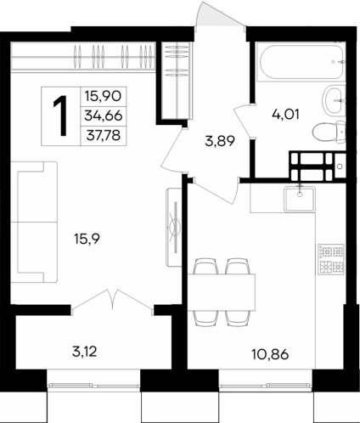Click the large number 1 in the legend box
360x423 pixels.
click(x=61, y=116)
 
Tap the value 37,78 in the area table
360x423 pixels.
click(x=102, y=134)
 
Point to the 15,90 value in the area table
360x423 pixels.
click(x=102, y=96)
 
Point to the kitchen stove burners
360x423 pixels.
click(x=329, y=259)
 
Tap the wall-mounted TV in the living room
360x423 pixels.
click(x=172, y=226)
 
